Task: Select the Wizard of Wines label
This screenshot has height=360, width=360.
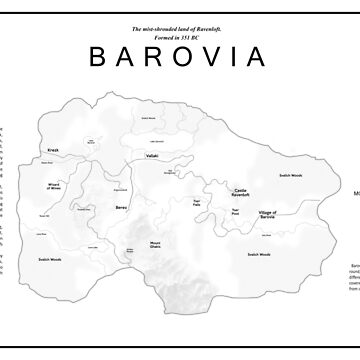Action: pos(54,185)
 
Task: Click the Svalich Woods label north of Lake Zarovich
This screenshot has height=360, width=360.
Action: pos(148,118)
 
